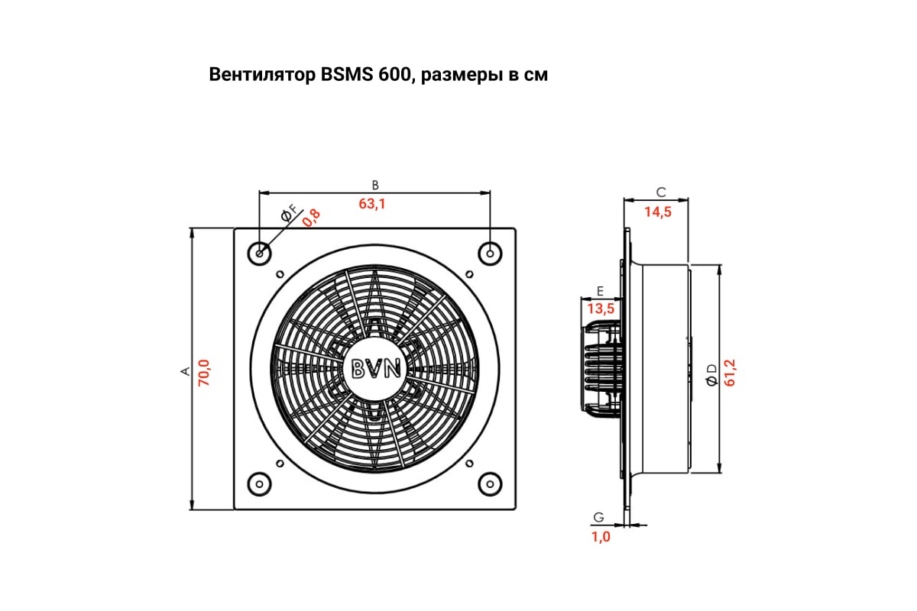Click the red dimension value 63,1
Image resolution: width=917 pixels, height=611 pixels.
pyautogui.click(x=372, y=204)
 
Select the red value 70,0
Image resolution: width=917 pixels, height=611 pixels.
pyautogui.click(x=203, y=373)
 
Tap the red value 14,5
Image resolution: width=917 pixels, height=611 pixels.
pyautogui.click(x=658, y=212)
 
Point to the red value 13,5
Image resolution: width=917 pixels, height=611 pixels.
pyautogui.click(x=601, y=309)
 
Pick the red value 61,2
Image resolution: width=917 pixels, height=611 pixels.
pyautogui.click(x=730, y=373)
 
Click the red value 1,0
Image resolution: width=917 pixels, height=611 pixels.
pyautogui.click(x=601, y=537)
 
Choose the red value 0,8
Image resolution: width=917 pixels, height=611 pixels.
pyautogui.click(x=312, y=218)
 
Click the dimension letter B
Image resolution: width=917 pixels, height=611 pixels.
pyautogui.click(x=375, y=186)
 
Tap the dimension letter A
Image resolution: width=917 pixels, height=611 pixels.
pyautogui.click(x=186, y=371)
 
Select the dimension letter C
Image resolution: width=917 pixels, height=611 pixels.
pyautogui.click(x=661, y=192)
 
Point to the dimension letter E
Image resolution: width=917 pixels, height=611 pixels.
pyautogui.click(x=600, y=291)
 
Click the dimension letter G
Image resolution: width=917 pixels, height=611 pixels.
pyautogui.click(x=598, y=517)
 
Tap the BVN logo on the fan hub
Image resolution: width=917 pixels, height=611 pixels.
pyautogui.click(x=376, y=368)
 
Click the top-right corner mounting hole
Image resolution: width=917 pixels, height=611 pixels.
pyautogui.click(x=490, y=254)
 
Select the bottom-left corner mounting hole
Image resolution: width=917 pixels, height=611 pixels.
pyautogui.click(x=260, y=484)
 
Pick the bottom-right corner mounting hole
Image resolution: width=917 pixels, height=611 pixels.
pyautogui.click(x=490, y=484)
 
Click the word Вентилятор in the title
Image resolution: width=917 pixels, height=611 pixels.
pyautogui.click(x=262, y=75)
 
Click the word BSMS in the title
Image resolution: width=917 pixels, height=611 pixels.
pyautogui.click(x=347, y=75)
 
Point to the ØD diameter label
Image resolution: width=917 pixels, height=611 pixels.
pyautogui.click(x=712, y=375)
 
